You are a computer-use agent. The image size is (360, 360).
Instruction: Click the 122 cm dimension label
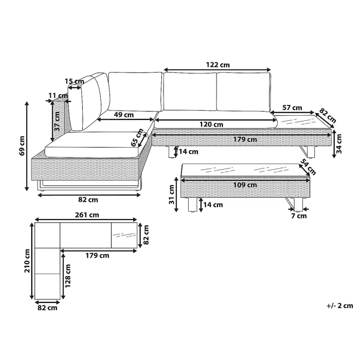(218, 65)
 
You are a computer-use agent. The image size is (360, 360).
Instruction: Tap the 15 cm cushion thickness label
(75, 81)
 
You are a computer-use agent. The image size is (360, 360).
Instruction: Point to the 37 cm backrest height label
(57, 123)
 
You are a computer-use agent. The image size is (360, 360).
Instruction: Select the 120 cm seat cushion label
(211, 124)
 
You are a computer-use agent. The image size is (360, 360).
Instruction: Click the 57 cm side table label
(292, 107)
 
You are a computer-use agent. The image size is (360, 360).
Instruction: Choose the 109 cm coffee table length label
(245, 185)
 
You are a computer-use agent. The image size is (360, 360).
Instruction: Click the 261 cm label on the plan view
(86, 214)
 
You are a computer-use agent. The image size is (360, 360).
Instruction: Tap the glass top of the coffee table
(242, 170)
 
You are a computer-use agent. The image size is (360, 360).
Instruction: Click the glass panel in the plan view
(124, 236)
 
